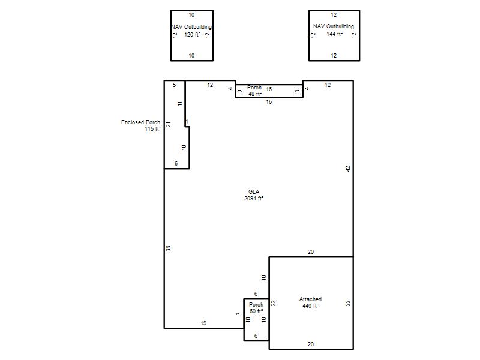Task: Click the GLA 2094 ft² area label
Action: pyautogui.click(x=254, y=195)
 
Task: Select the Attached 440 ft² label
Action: pyautogui.click(x=310, y=302)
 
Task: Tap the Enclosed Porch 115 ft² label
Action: pyautogui.click(x=141, y=125)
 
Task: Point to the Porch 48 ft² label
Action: pyautogui.click(x=254, y=91)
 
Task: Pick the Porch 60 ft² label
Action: pyautogui.click(x=256, y=308)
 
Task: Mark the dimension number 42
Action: pyautogui.click(x=348, y=169)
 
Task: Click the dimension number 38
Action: pyautogui.click(x=169, y=248)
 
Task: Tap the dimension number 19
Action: pyautogui.click(x=203, y=323)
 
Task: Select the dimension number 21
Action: pyautogui.click(x=169, y=125)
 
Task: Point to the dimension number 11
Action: pyautogui.click(x=179, y=103)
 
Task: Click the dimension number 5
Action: pyautogui.click(x=175, y=85)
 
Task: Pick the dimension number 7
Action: pyautogui.click(x=239, y=314)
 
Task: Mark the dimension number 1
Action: pyautogui.click(x=187, y=122)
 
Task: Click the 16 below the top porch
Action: pyautogui.click(x=269, y=101)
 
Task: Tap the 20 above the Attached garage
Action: pyautogui.click(x=311, y=252)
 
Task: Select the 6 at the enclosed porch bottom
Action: pyautogui.click(x=176, y=164)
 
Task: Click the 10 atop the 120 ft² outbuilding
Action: pyautogui.click(x=191, y=14)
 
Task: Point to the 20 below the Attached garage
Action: pyautogui.click(x=311, y=344)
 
